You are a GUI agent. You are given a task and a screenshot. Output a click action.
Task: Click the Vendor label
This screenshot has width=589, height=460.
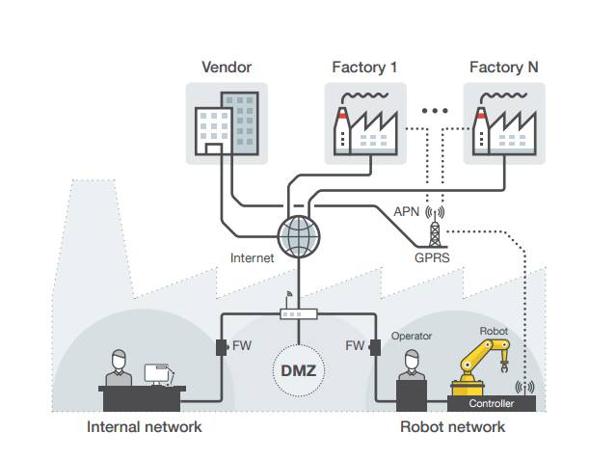click(227, 68)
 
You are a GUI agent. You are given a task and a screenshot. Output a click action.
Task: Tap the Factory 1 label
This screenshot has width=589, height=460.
click(364, 68)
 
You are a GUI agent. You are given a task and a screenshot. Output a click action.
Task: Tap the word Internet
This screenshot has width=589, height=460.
click(253, 257)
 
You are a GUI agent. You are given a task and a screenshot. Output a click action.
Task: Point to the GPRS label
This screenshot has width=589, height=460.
click(433, 257)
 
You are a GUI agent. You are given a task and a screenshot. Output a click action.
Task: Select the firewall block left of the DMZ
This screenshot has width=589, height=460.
click(220, 345)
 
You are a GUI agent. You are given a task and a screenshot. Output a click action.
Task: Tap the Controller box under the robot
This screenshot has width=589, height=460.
click(492, 403)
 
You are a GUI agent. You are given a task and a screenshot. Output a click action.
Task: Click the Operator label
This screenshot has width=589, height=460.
click(412, 337)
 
